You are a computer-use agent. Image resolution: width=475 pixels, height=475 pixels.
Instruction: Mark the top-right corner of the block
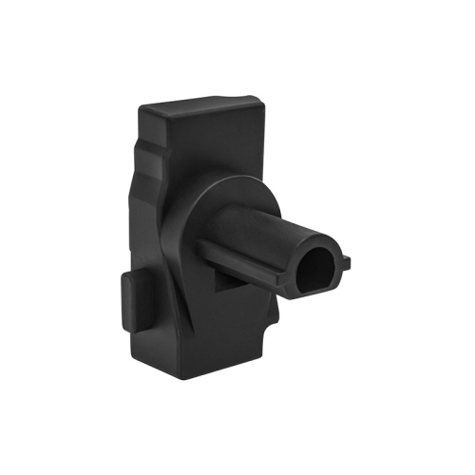(x=258, y=98)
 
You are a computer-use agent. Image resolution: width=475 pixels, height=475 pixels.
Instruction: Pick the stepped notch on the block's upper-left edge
(x=142, y=152)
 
